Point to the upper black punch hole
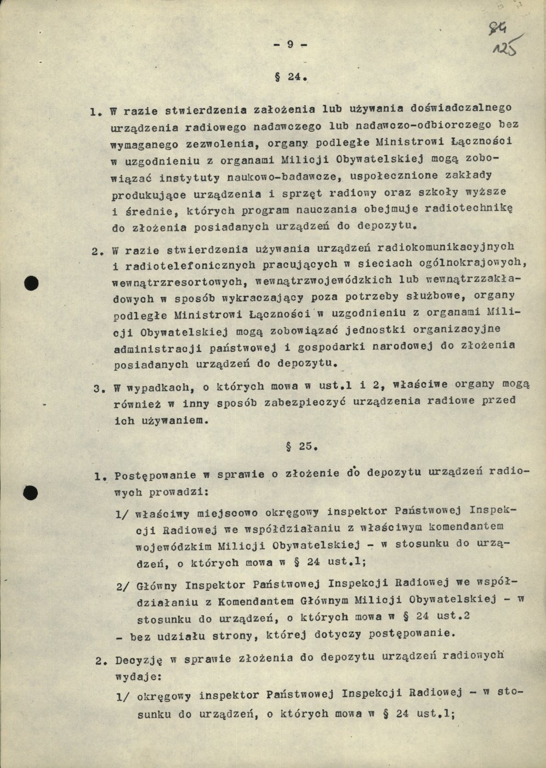click(33, 283)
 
